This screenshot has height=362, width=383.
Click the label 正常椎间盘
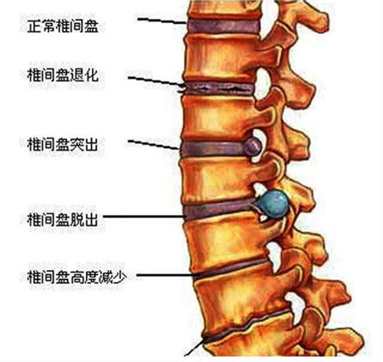pos(63,26)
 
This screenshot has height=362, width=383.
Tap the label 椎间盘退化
pos(63,75)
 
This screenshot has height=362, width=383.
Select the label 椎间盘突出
pos(63,144)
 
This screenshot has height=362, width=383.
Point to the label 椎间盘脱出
pos(63,219)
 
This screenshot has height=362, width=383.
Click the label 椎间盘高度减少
pos(77,277)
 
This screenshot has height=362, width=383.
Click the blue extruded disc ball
pos(273,204)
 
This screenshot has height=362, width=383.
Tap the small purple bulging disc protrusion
pos(252,146)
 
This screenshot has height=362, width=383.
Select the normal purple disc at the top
pos(224,26)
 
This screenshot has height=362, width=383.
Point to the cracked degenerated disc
pos(219,88)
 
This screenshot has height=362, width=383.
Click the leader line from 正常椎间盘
pos(162,21)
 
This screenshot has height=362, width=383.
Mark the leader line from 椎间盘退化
pos(156,81)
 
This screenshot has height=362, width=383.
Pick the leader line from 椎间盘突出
pos(153,144)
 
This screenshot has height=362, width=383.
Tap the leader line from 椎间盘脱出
pos(145,216)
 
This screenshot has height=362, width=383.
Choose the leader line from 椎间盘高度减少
pos(167,275)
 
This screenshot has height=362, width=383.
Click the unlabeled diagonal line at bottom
pos(195,347)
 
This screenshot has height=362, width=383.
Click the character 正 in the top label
pos(34,26)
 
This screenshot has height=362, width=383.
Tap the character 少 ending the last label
pos(120,277)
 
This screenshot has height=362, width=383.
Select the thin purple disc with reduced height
pos(231,269)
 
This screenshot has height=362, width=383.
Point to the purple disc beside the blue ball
pos(220,209)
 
